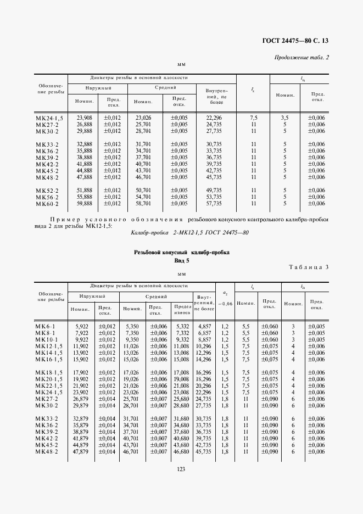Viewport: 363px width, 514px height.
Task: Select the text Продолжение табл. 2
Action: point(301,58)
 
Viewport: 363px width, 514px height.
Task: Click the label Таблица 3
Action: point(308,267)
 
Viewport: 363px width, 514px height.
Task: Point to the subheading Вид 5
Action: point(181,261)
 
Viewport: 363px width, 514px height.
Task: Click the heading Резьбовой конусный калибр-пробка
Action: point(181,252)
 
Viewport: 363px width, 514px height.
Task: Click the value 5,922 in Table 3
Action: point(81,326)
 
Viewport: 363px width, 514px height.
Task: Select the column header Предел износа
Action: point(182,309)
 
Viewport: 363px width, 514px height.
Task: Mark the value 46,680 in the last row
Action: point(181,451)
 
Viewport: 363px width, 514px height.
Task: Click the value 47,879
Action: point(80,451)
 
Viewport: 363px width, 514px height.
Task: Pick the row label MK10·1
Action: point(48,340)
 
